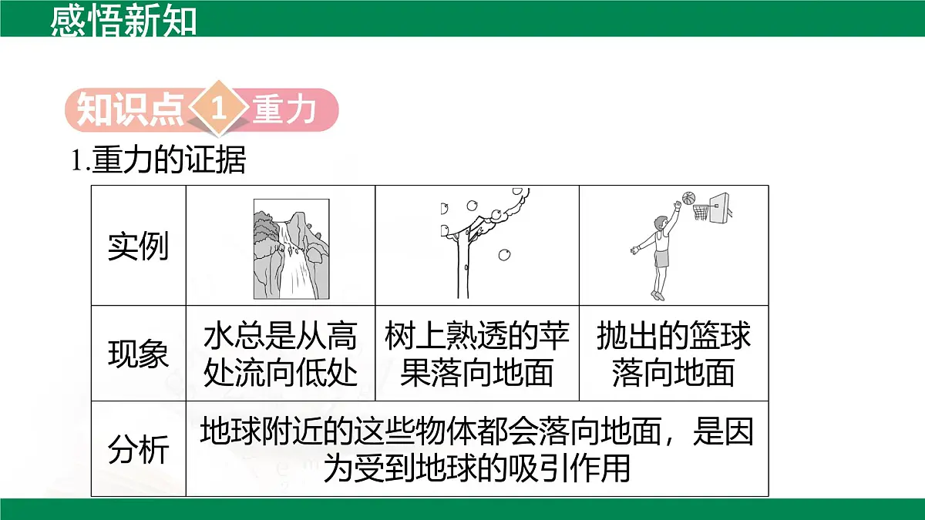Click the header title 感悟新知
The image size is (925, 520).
(123, 21)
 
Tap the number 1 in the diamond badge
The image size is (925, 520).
(219, 110)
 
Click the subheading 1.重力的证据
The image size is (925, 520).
(158, 161)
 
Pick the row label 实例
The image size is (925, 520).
(138, 246)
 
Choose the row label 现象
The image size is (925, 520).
(138, 354)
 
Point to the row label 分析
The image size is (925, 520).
(138, 449)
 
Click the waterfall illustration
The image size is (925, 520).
(291, 249)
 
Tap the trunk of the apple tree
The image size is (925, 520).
(462, 266)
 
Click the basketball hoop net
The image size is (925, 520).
(701, 212)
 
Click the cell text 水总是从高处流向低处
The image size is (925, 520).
(281, 354)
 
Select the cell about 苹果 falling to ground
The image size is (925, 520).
(477, 354)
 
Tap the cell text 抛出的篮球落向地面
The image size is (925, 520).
(674, 354)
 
